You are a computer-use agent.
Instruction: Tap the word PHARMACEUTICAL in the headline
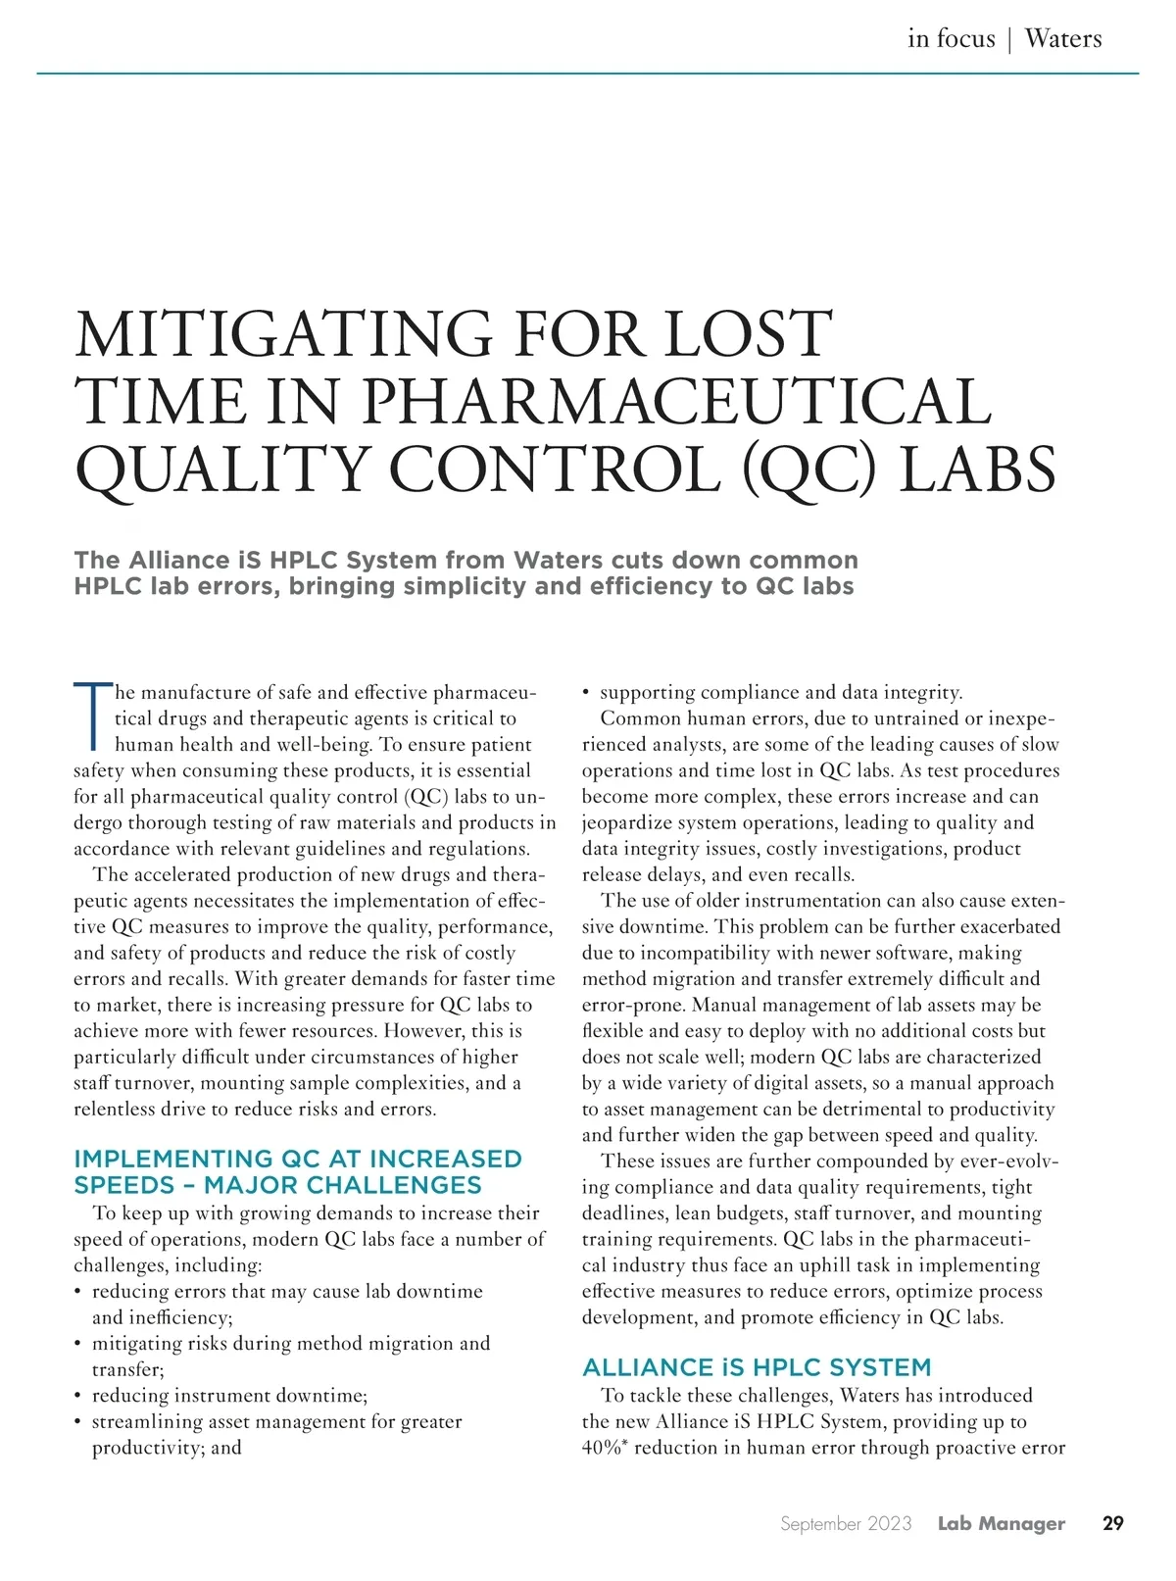click(x=677, y=402)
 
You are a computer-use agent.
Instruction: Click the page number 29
click(x=1112, y=1523)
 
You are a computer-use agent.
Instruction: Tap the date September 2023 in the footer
click(x=846, y=1523)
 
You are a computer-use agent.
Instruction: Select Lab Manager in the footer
click(x=1001, y=1523)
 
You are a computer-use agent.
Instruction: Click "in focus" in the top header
click(x=951, y=39)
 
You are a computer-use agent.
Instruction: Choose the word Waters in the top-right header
click(x=1063, y=39)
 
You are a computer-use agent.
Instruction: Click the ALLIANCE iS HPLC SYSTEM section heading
click(x=757, y=1367)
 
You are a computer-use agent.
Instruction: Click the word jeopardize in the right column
click(x=632, y=822)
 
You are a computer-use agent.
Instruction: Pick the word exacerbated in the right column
click(x=1010, y=926)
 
